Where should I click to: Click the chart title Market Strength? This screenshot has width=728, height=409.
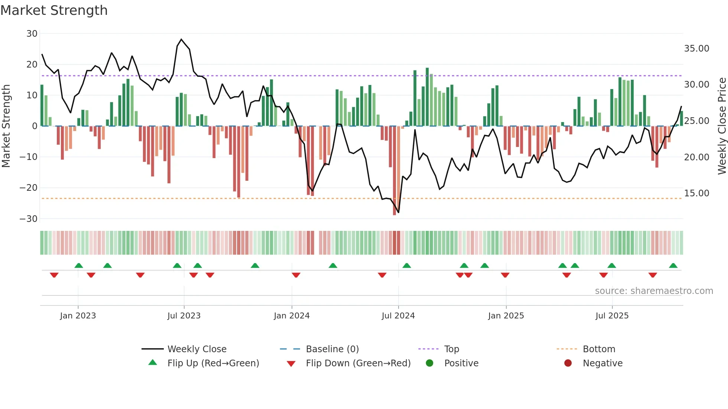(x=54, y=10)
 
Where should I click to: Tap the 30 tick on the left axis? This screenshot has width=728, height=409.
(x=32, y=34)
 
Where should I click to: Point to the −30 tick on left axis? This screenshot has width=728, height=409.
(x=29, y=219)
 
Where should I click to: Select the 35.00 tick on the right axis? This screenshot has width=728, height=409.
(x=696, y=49)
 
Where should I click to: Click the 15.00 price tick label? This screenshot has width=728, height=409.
(x=696, y=193)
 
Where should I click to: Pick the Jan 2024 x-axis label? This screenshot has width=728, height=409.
(x=292, y=316)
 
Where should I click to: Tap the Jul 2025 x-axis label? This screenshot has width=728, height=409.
(x=612, y=316)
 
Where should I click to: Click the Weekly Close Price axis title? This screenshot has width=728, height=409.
(x=722, y=126)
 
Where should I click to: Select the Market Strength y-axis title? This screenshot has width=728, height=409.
(x=6, y=126)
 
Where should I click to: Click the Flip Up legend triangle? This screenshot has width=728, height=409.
(x=153, y=363)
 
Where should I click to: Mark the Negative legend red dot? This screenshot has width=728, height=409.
(x=568, y=363)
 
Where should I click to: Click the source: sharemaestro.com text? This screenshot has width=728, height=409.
(x=654, y=291)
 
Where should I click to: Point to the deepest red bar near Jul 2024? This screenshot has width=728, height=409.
(x=394, y=171)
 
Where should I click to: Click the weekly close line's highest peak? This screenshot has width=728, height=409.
(x=181, y=39)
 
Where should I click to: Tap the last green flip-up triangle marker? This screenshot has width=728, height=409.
(x=673, y=266)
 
